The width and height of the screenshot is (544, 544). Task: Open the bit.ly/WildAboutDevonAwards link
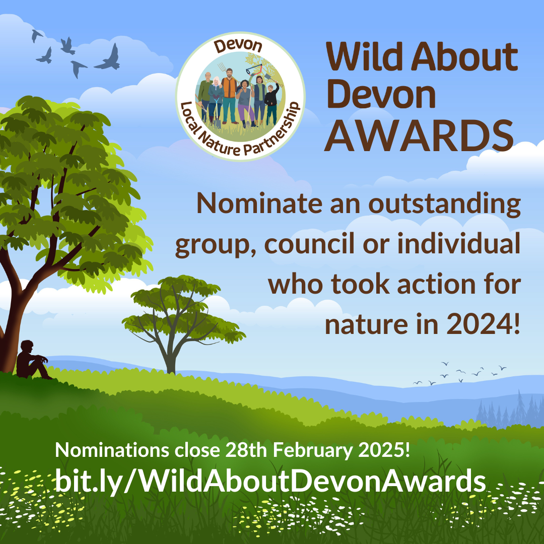[x=270, y=481]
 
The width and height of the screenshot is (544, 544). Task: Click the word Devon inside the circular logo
[x=239, y=47]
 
